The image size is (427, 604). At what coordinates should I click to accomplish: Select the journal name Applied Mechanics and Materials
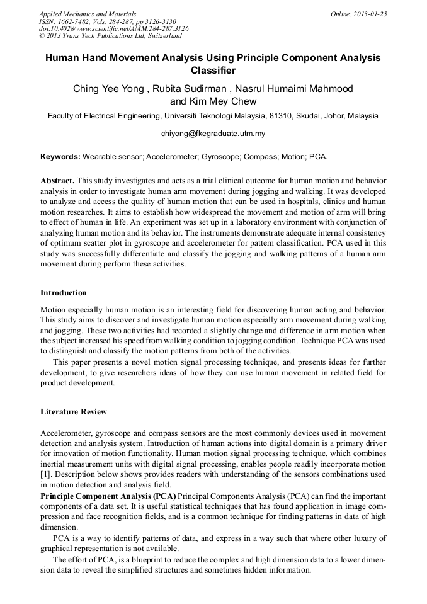click(x=87, y=14)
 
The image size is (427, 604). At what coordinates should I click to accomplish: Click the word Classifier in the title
click(x=213, y=70)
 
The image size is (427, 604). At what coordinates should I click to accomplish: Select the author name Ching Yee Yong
click(x=110, y=89)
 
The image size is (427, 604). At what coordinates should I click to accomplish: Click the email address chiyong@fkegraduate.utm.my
click(x=213, y=134)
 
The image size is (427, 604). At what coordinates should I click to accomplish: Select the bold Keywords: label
click(x=60, y=156)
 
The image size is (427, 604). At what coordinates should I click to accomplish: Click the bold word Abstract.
click(x=57, y=180)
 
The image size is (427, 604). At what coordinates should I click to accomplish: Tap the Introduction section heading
click(x=64, y=293)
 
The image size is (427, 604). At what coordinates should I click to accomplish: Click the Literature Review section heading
click(x=74, y=412)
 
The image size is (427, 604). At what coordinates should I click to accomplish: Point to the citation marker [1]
click(x=46, y=474)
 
